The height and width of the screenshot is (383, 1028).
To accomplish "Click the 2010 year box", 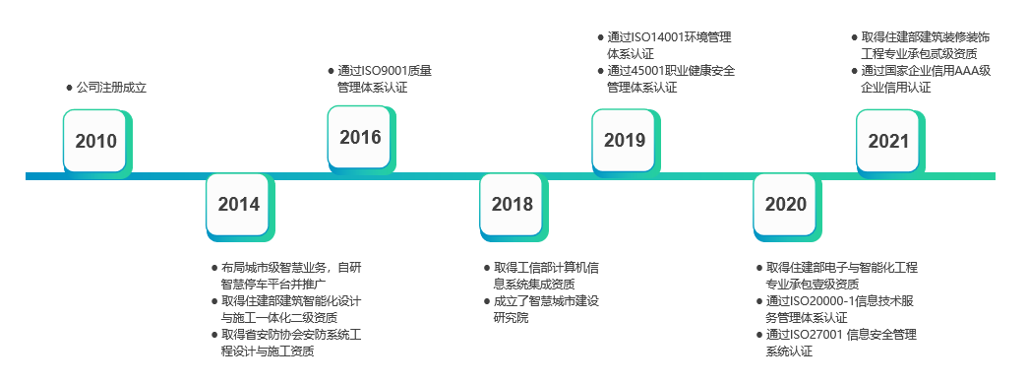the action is pyautogui.click(x=95, y=141).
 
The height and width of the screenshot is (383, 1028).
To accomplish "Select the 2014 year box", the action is pyautogui.click(x=238, y=205).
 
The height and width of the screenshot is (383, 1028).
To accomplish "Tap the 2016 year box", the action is pyautogui.click(x=360, y=138).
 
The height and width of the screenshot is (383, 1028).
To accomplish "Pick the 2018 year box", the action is pyautogui.click(x=512, y=205).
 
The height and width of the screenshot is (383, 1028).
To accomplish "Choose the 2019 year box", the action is pyautogui.click(x=625, y=141).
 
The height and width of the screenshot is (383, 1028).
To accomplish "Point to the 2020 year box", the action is pyautogui.click(x=785, y=205).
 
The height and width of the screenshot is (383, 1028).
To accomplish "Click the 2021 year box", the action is pyautogui.click(x=888, y=141).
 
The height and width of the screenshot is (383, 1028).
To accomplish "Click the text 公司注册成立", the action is pyautogui.click(x=111, y=88).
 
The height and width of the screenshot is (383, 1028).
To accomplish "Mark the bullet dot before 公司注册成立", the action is pyautogui.click(x=68, y=88).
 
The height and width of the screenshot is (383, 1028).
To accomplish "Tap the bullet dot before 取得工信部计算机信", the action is pyautogui.click(x=485, y=268).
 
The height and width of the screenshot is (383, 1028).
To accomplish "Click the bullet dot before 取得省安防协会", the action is pyautogui.click(x=213, y=335).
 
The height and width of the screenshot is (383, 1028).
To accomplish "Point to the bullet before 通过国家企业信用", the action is pyautogui.click(x=853, y=71).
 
